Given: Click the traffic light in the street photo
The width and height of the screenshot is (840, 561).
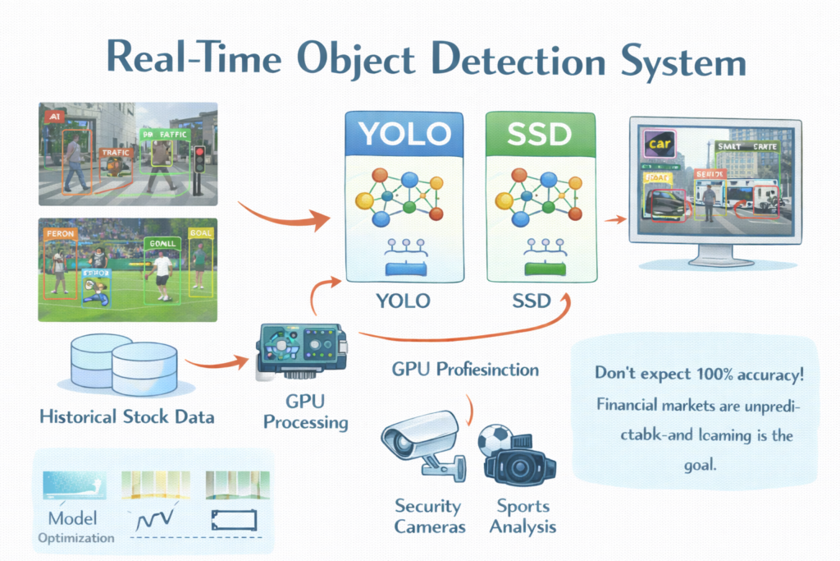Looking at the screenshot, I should point(198,166).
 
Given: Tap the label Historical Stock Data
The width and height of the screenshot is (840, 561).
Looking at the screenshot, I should point(126,416).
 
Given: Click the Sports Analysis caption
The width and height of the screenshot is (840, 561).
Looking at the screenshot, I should point(523,516).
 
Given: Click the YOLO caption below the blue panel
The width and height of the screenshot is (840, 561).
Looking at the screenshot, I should point(402,300).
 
